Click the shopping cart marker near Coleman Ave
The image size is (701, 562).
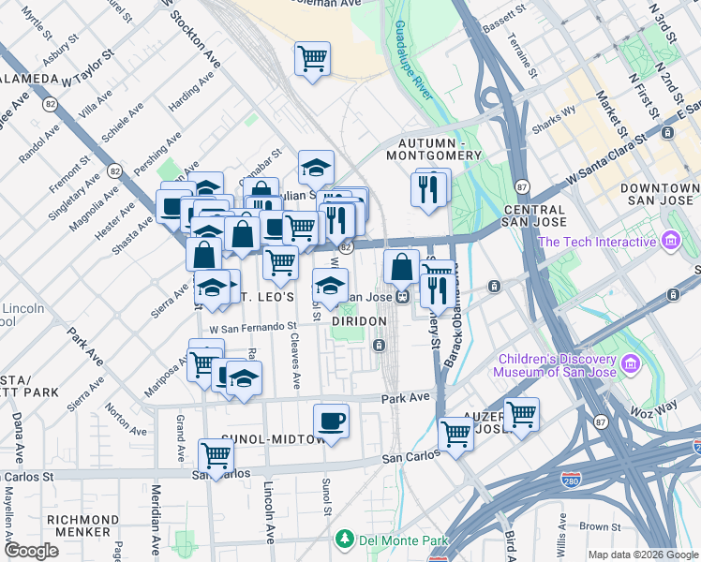(x=312, y=58)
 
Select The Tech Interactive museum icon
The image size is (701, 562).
(x=669, y=243)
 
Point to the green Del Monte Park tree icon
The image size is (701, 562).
(x=346, y=540)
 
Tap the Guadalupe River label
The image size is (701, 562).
(x=411, y=60)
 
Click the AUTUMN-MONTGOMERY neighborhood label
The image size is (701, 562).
(x=434, y=148)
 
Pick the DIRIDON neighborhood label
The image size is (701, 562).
(x=360, y=321)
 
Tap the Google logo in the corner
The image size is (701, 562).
(x=32, y=551)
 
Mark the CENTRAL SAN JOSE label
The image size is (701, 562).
(x=535, y=216)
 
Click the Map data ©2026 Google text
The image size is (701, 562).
(x=643, y=554)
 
